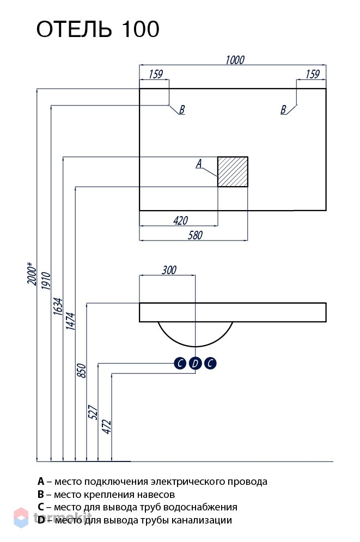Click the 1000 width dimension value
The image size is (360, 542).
[235, 60]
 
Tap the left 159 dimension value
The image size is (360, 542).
[156, 74]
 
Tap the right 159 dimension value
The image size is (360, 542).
[313, 74]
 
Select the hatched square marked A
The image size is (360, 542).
[233, 172]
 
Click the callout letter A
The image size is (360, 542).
[199, 163]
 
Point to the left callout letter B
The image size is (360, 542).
[182, 109]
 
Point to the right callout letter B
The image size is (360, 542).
[283, 109]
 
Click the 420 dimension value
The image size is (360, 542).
[180, 220]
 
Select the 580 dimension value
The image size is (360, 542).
[195, 235]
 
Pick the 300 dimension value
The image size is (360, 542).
[169, 269]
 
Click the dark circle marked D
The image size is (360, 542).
[196, 364]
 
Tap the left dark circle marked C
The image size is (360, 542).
[180, 364]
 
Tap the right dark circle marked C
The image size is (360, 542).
[210, 364]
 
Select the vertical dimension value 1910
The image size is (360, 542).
[46, 281]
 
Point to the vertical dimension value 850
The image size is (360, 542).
[81, 371]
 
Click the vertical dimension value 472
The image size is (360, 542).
[107, 427]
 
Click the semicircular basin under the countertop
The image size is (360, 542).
[196, 346]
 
